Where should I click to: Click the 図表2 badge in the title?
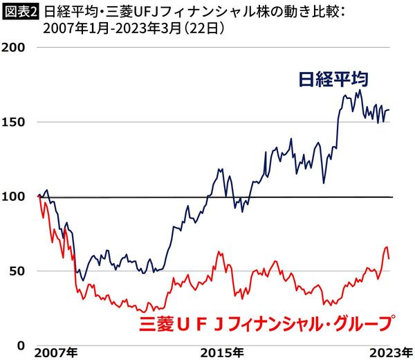19,12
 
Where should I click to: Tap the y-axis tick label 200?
15,47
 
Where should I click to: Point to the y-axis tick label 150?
15,122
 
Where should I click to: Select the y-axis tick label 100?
15,197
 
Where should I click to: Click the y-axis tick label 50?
18,271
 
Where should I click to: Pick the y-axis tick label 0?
21,345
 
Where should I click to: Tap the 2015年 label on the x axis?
221,352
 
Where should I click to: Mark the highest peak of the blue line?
360,90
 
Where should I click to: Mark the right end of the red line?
389,258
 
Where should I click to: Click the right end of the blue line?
389,109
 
